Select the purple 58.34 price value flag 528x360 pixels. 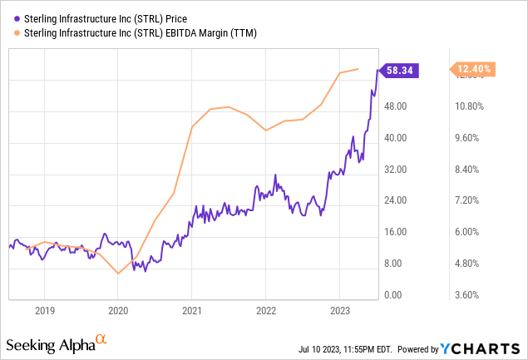pos(402,72)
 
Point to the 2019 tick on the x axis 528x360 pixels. pos(44,311)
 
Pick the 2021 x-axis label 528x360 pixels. pos(191,311)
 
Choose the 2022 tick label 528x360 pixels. pos(265,311)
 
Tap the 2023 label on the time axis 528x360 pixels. pos(339,311)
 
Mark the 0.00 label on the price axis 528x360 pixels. pos(400,295)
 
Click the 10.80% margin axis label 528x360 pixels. pos(471,106)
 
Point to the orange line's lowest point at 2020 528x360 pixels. pos(118,274)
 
